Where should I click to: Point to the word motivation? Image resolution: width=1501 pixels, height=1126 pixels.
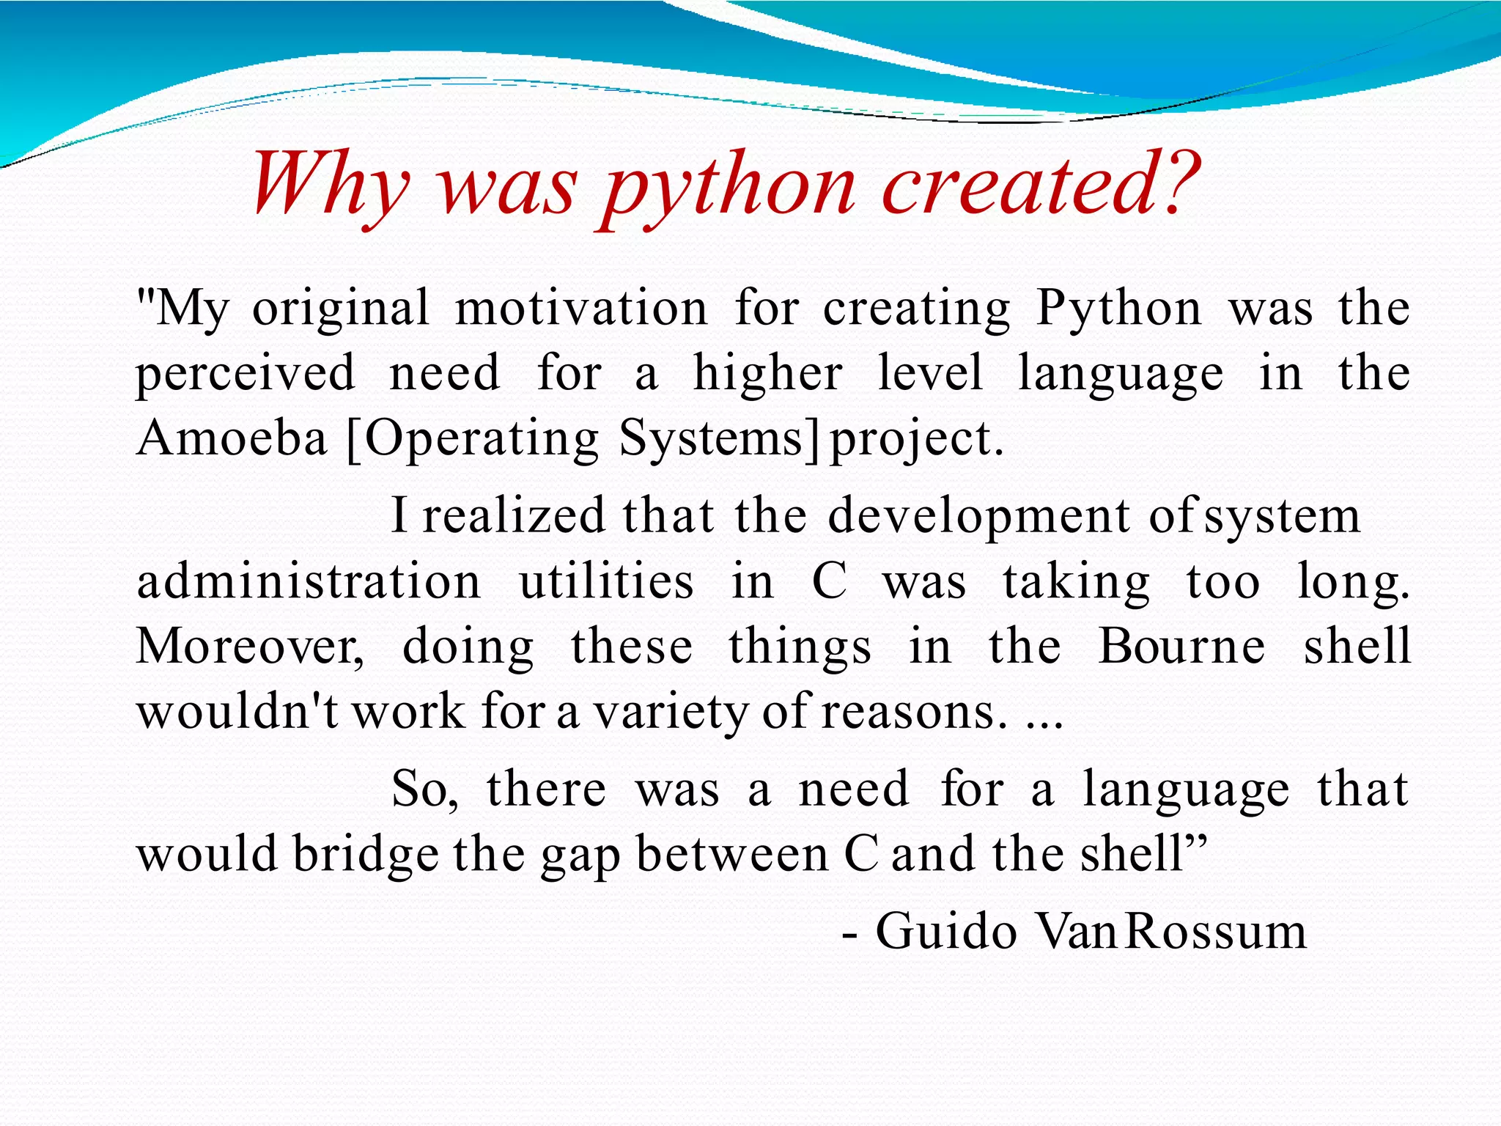click(581, 308)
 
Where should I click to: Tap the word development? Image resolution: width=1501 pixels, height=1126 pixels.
click(979, 516)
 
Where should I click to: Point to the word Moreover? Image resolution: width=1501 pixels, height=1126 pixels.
click(249, 647)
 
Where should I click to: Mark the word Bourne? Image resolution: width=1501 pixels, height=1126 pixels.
click(1181, 647)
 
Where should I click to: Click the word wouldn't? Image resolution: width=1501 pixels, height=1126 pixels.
click(237, 711)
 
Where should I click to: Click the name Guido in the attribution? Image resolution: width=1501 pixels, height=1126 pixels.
click(946, 931)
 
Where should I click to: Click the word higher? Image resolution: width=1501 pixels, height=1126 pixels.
click(767, 374)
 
